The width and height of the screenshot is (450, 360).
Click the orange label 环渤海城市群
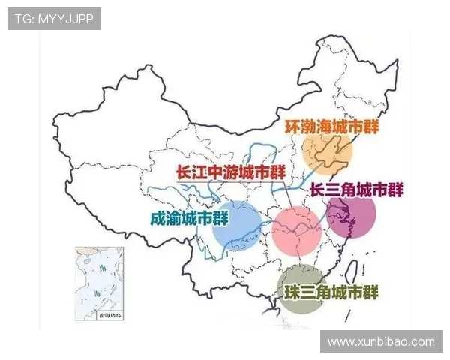(x=331, y=126)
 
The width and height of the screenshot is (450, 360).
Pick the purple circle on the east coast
(x=351, y=217)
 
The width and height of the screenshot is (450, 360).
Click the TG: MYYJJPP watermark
(x=54, y=19)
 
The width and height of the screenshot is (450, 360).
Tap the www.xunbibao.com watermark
(x=381, y=341)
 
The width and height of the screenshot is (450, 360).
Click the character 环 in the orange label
(x=292, y=126)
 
